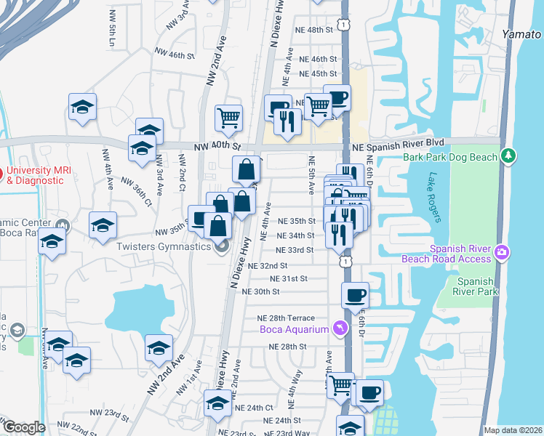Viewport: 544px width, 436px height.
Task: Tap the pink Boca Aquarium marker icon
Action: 338,330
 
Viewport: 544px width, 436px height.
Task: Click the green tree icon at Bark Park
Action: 508,156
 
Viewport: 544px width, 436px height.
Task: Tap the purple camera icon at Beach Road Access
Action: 501,252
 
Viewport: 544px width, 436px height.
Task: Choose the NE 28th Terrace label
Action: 285,318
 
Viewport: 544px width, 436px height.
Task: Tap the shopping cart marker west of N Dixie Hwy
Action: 228,117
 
